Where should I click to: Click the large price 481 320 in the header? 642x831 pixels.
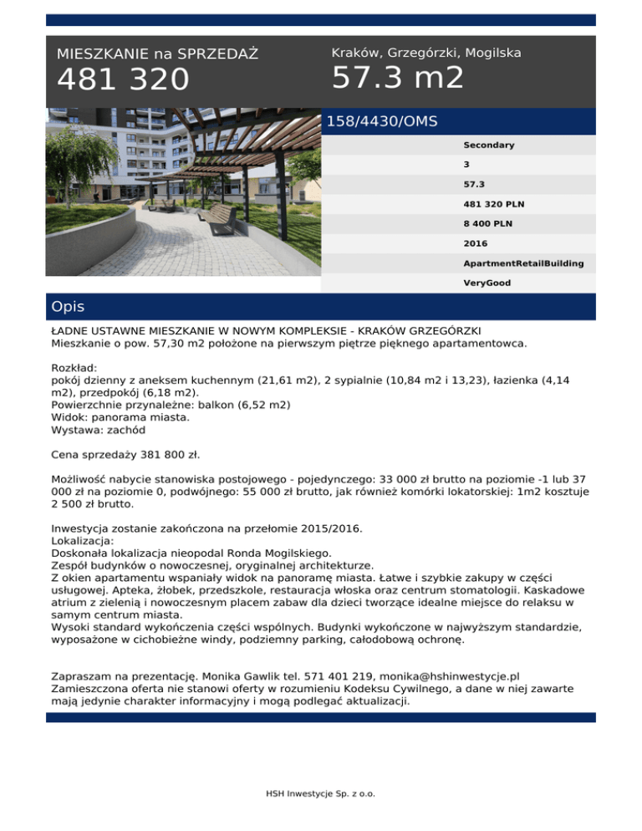pyautogui.click(x=124, y=80)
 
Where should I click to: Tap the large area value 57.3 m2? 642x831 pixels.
pyautogui.click(x=397, y=79)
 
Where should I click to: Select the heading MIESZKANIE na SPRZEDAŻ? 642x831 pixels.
pyautogui.click(x=157, y=54)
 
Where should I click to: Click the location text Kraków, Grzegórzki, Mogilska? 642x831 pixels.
pyautogui.click(x=426, y=53)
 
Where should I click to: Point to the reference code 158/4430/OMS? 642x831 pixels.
pyautogui.click(x=381, y=122)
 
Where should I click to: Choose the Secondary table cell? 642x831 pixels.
pyautogui.click(x=489, y=145)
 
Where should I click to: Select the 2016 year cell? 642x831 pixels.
pyautogui.click(x=476, y=243)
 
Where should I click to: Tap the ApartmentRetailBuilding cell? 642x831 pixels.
pyautogui.click(x=523, y=263)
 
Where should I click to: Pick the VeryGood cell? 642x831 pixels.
pyautogui.click(x=487, y=283)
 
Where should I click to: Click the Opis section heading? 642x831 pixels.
pyautogui.click(x=68, y=307)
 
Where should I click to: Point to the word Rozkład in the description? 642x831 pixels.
pyautogui.click(x=74, y=367)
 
